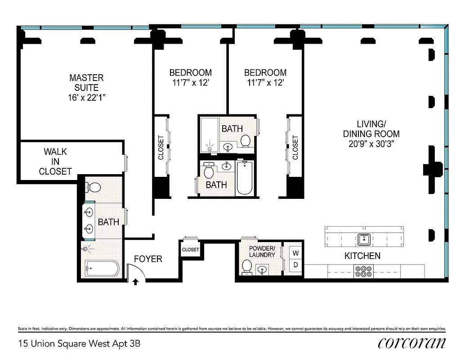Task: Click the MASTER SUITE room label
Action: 86,82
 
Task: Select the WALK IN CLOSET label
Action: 55,161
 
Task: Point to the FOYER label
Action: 148,259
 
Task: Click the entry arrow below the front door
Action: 135,282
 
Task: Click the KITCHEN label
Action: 362,256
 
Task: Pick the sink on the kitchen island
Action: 364,239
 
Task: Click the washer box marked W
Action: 295,253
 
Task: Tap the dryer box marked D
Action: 295,265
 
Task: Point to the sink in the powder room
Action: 262,270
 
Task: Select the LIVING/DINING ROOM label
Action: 371,129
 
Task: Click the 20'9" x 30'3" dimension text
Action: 371,144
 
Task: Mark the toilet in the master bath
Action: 94,187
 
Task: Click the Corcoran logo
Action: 412,343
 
